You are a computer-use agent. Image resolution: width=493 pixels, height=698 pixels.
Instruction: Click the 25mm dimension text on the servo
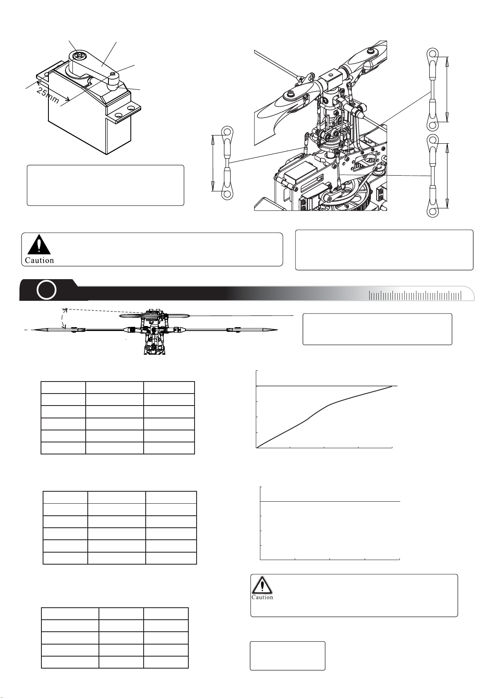click(x=48, y=95)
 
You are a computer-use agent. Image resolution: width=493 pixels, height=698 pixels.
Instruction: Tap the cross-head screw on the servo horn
click(x=78, y=56)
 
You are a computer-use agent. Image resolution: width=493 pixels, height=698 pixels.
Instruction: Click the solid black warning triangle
click(x=39, y=244)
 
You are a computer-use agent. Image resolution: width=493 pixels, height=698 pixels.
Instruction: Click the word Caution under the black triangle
click(x=39, y=261)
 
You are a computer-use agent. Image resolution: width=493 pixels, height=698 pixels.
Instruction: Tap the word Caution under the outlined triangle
click(x=262, y=597)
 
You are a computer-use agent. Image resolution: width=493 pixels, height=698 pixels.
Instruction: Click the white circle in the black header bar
click(x=46, y=290)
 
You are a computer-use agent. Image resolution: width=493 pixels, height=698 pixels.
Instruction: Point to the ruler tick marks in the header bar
click(x=415, y=295)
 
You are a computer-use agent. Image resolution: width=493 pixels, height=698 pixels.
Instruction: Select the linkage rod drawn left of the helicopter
click(x=227, y=163)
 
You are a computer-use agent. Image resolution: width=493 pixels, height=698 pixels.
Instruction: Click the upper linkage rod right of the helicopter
click(x=432, y=89)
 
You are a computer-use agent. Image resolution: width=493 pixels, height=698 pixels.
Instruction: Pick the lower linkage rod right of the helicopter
click(x=433, y=176)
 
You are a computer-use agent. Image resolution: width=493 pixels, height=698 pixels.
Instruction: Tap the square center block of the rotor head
click(x=330, y=79)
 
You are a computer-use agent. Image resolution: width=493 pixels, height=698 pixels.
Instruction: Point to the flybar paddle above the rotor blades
click(x=154, y=316)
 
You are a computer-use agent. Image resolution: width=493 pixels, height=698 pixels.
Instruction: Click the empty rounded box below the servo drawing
click(x=106, y=186)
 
